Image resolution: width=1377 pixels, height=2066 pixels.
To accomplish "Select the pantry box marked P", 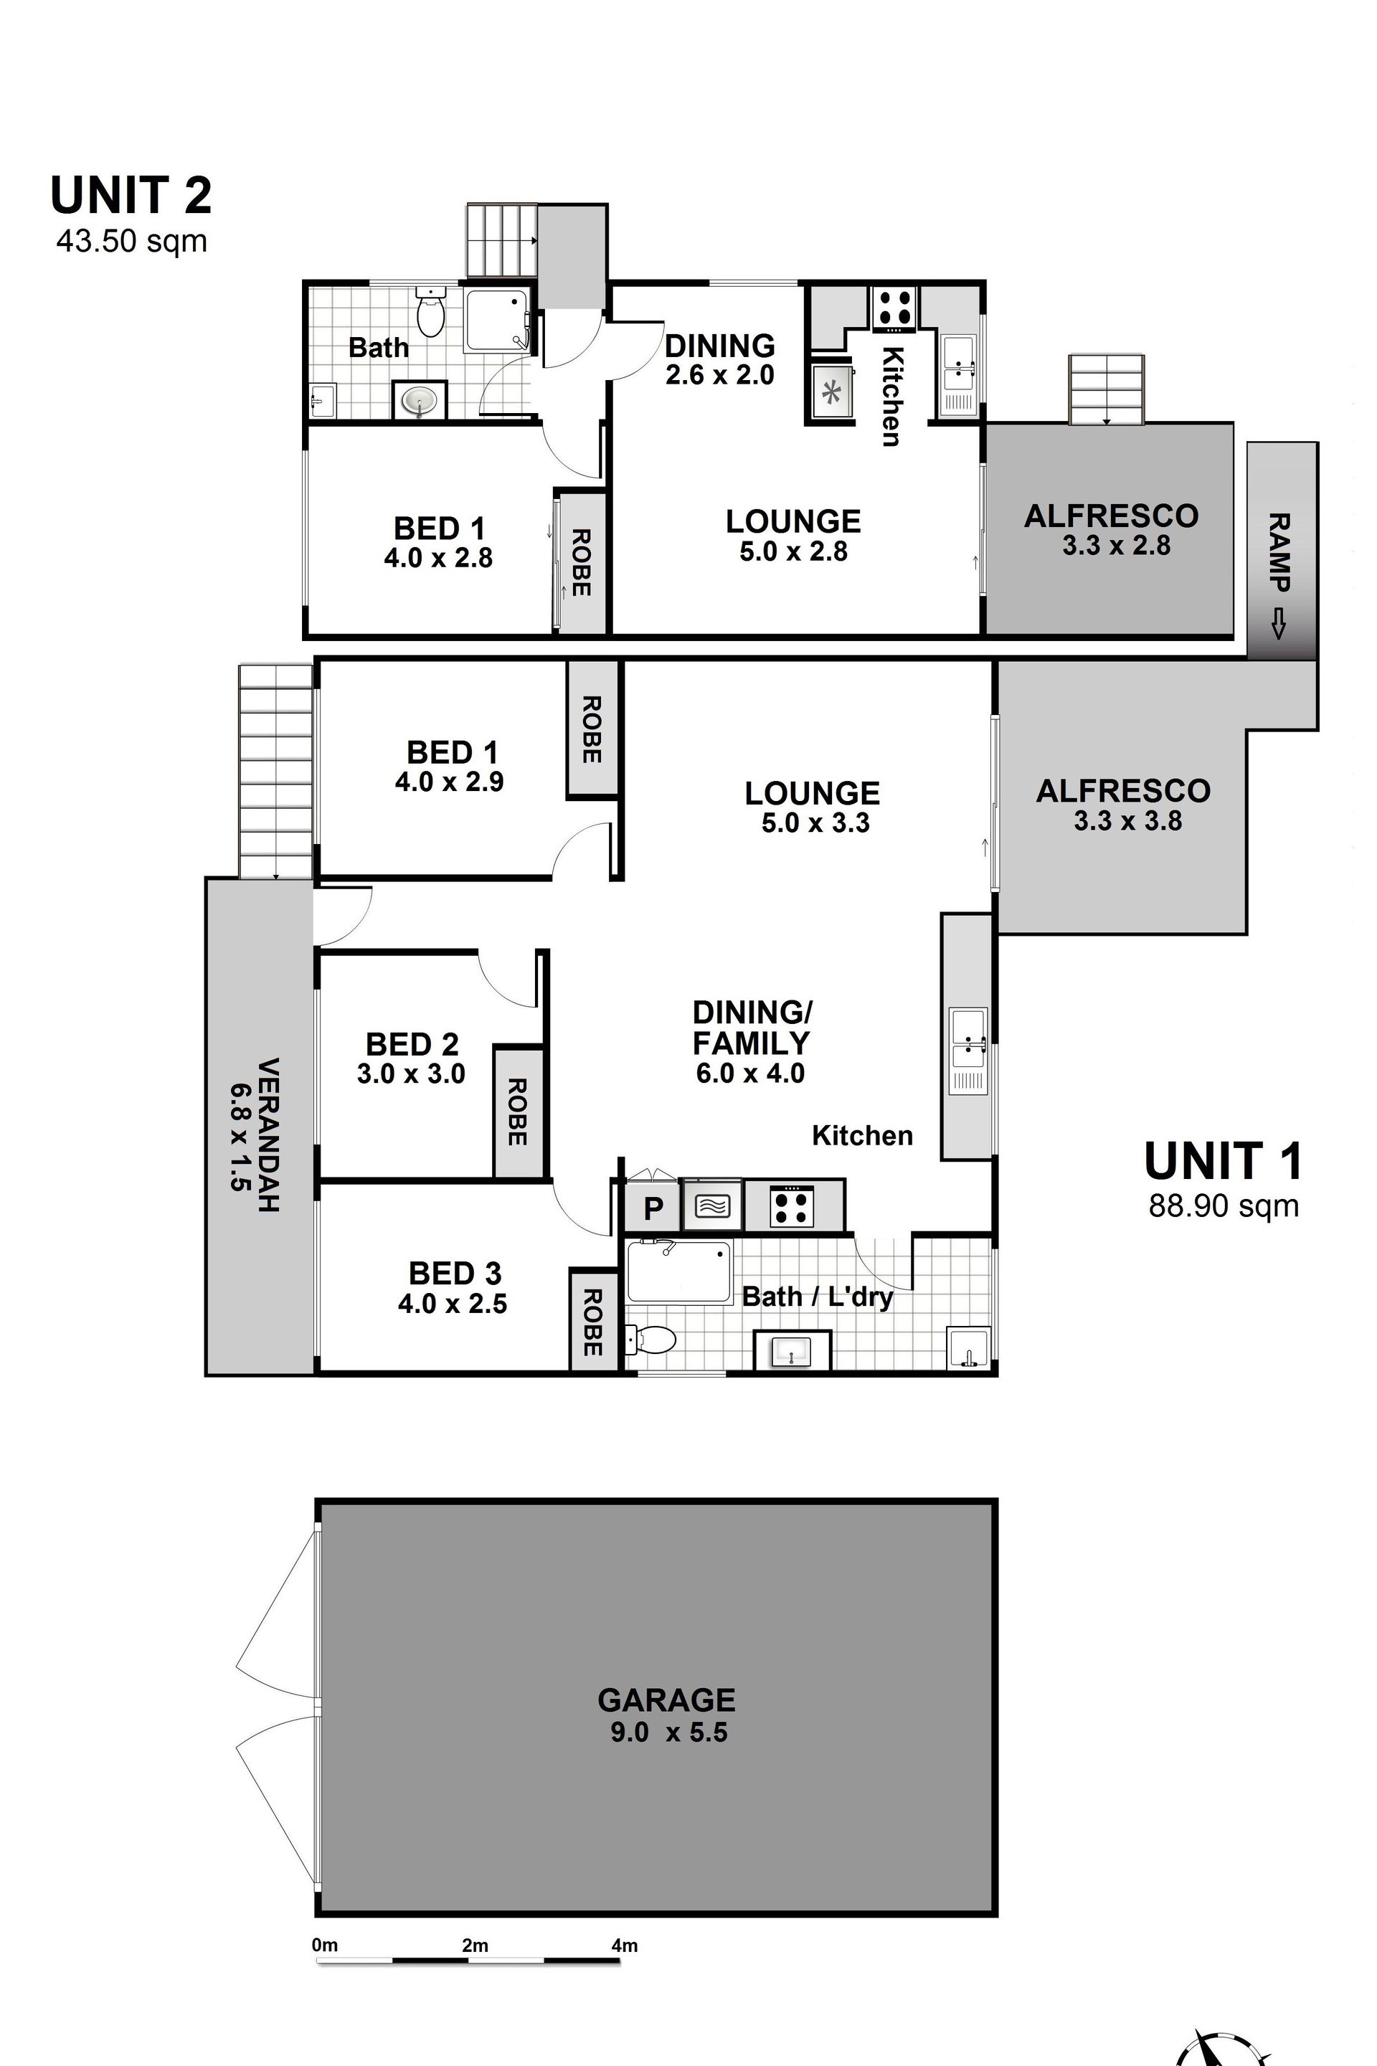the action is (x=652, y=1209).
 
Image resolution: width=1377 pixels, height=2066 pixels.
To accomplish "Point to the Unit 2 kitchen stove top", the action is (x=894, y=308).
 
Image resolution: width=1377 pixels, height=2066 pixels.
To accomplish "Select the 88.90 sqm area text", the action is (x=1224, y=1206).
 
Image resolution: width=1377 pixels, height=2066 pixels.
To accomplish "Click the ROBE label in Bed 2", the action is (x=517, y=1112).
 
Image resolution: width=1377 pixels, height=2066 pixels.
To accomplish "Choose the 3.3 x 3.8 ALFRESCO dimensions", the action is (x=1127, y=821).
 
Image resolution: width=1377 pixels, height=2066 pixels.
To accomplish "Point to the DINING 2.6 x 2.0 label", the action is (x=720, y=359).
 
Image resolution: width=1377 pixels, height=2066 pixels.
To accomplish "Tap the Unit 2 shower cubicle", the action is (x=497, y=320).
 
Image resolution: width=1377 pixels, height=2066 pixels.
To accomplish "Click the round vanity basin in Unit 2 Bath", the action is (x=419, y=402).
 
